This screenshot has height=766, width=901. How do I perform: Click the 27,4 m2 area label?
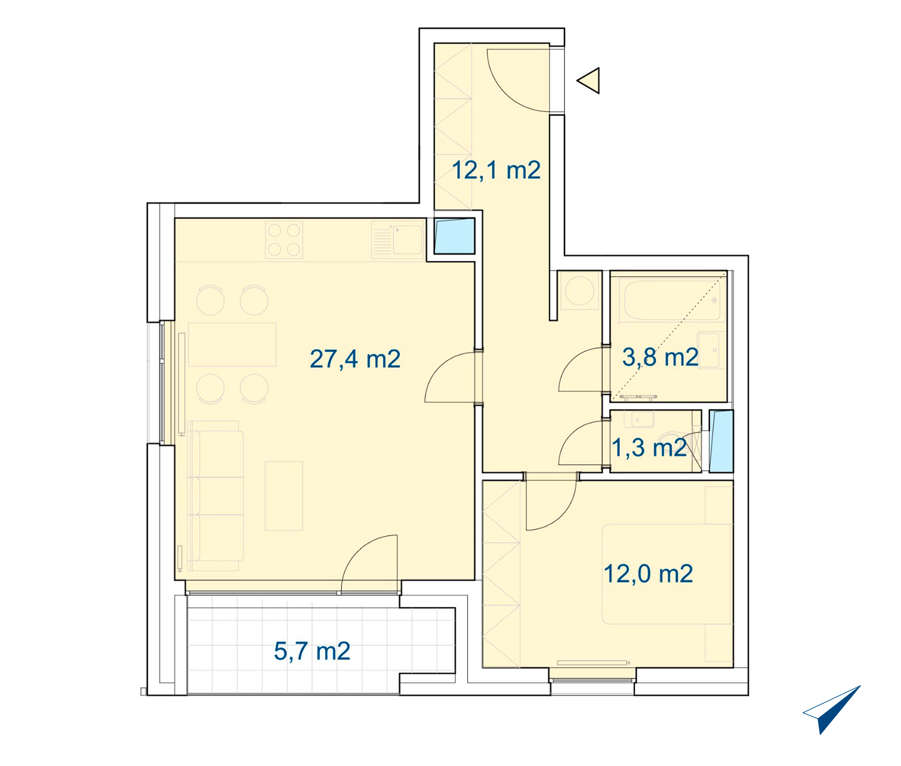(355, 359)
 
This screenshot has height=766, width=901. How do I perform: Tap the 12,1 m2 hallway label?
(496, 170)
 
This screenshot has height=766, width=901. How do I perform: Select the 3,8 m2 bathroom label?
(660, 357)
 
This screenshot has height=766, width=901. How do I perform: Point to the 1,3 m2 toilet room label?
(649, 448)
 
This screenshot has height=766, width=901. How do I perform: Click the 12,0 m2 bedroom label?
(648, 574)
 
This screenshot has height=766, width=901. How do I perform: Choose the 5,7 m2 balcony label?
(312, 651)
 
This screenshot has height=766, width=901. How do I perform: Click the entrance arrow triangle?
(589, 81)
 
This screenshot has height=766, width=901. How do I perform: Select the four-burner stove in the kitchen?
(284, 240)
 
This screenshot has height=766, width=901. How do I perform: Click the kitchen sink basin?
(407, 240)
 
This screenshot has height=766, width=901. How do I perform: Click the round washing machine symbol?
(580, 291)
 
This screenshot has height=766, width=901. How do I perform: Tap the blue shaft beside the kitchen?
(454, 236)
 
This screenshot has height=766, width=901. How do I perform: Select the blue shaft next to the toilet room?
(721, 441)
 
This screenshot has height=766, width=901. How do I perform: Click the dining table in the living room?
(232, 344)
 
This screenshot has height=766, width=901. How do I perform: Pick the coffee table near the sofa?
(284, 496)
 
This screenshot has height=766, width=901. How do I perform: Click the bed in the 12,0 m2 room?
(667, 574)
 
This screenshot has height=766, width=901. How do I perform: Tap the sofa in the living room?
(215, 496)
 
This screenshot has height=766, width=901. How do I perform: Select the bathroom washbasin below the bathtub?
(709, 350)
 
